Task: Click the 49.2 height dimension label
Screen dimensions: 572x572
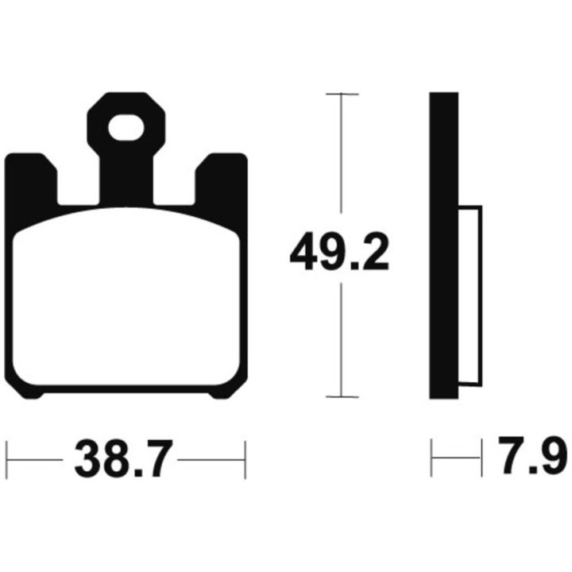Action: click(339, 250)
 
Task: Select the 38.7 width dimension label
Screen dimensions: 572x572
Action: click(123, 459)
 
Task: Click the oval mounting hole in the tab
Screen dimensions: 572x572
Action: click(126, 128)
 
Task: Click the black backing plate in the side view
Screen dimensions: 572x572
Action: click(443, 245)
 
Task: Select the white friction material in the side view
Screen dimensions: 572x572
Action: click(470, 296)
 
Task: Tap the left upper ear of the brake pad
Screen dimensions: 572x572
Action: click(32, 179)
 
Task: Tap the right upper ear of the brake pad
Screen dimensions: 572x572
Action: click(222, 179)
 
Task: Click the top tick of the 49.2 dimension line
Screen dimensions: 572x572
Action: click(342, 94)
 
